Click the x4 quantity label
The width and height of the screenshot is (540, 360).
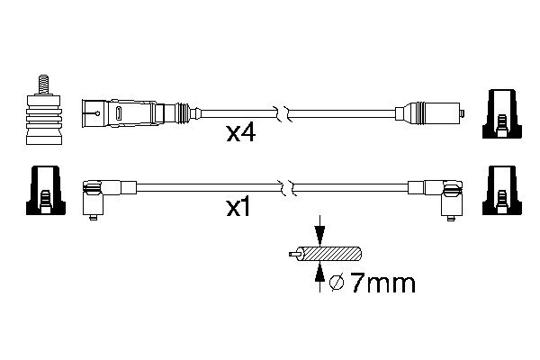[x=241, y=135]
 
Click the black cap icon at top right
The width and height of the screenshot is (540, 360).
[x=501, y=114]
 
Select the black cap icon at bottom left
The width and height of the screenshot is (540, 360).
[x=44, y=190]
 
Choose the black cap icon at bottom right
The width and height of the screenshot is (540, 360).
[x=501, y=190]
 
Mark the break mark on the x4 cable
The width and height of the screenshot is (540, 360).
[x=286, y=114]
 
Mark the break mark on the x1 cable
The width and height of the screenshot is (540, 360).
[x=286, y=188]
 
